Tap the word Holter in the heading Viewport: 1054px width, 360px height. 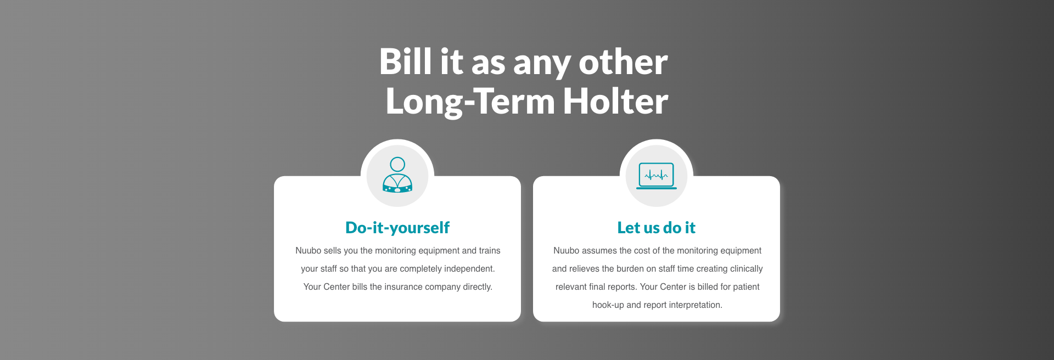pyautogui.click(x=615, y=101)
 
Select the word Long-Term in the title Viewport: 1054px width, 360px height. pyautogui.click(x=470, y=102)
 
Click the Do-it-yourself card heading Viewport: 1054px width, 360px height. pyautogui.click(x=397, y=228)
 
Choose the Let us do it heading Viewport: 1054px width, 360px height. pyautogui.click(x=656, y=228)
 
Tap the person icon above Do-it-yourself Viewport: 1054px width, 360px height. pyautogui.click(x=397, y=175)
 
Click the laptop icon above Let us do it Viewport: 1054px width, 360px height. pyautogui.click(x=657, y=176)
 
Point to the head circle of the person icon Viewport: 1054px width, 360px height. pyautogui.click(x=397, y=164)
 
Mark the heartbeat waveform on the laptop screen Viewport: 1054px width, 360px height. pyautogui.click(x=657, y=176)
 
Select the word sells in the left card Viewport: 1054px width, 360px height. pyautogui.click(x=332, y=251)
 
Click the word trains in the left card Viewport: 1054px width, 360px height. pyautogui.click(x=490, y=251)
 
